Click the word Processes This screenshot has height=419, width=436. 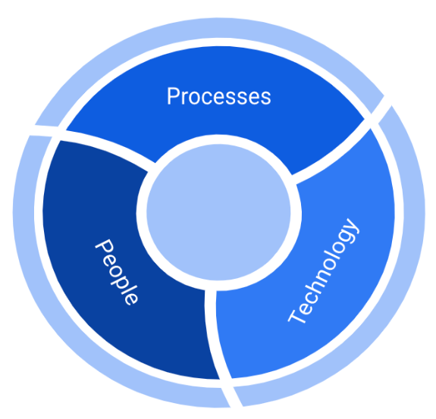coord(218,96)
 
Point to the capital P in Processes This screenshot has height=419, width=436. coord(173,96)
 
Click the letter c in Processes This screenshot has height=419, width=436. coord(209,97)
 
